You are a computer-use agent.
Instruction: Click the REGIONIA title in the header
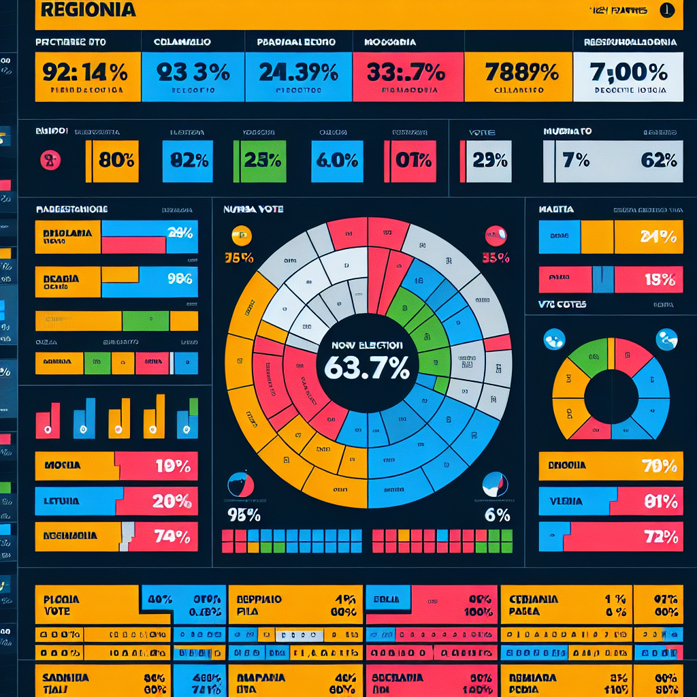tap(88, 10)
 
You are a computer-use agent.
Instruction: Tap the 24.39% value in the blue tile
tap(299, 72)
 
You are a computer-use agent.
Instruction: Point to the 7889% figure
tap(519, 72)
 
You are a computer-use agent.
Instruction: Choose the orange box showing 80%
tap(116, 161)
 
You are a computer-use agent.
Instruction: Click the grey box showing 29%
tap(490, 161)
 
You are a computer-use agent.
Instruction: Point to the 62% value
tap(658, 161)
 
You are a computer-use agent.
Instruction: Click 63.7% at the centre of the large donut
tap(368, 368)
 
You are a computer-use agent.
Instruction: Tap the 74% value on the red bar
tap(172, 536)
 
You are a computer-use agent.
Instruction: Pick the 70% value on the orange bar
tap(659, 466)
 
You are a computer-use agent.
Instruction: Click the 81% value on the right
tap(659, 502)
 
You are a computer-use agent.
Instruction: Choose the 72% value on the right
tap(660, 537)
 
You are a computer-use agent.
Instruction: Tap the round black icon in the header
tap(667, 10)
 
